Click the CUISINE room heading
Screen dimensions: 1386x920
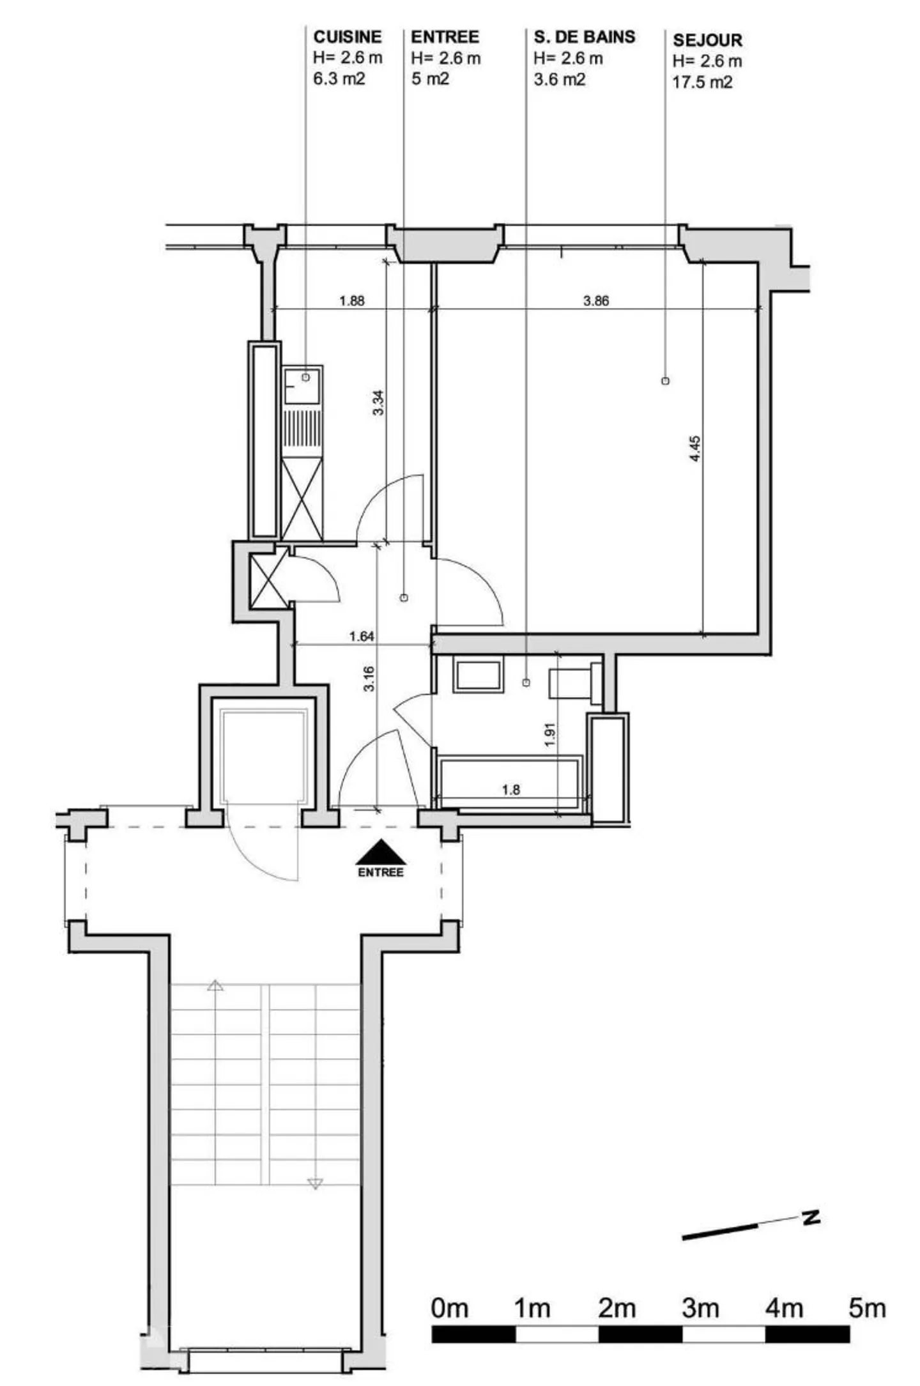[348, 37]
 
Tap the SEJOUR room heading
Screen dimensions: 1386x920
[707, 40]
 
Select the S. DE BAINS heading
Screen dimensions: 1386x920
[585, 37]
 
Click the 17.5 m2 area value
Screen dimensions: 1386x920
[702, 82]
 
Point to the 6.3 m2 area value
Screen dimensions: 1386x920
[339, 79]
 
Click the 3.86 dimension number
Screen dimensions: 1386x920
[595, 300]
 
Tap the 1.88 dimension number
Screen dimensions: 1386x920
[351, 300]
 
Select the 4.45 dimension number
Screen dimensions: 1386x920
[695, 448]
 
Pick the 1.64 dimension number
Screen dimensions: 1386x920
[362, 636]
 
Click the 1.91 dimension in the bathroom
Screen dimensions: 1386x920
[550, 735]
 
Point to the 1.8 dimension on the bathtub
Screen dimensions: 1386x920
[510, 790]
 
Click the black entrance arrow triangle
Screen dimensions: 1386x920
[380, 852]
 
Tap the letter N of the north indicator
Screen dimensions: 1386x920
[811, 1218]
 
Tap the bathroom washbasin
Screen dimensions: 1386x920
[477, 676]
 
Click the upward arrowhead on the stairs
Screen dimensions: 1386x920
[215, 986]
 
